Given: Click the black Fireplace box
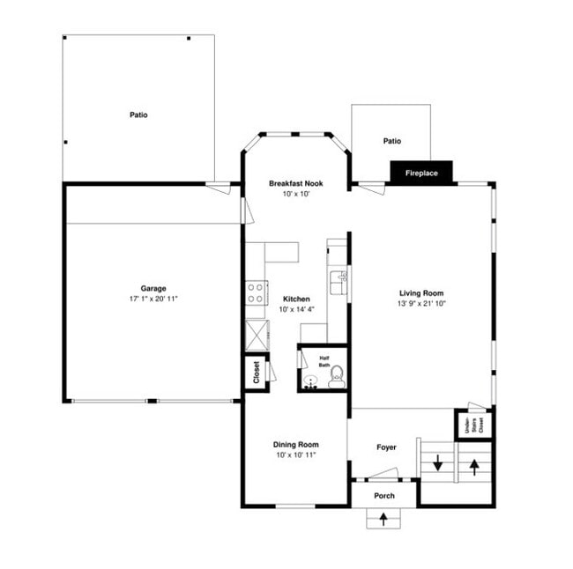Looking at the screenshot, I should [421, 174].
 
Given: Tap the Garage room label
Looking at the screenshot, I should [153, 289].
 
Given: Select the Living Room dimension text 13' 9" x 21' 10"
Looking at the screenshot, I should [420, 304].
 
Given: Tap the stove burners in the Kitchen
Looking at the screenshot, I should [257, 293].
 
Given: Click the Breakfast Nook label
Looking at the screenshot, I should [295, 183].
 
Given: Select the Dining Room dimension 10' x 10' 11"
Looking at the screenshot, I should [295, 454].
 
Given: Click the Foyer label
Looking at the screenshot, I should [386, 447].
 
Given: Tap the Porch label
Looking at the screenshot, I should [384, 496].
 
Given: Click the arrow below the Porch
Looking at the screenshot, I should [383, 520].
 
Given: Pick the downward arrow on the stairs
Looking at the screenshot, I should [437, 462].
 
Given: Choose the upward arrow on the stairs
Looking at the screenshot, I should [474, 465].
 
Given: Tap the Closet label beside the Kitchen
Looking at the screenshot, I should [257, 371].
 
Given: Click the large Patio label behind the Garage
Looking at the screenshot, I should [138, 115].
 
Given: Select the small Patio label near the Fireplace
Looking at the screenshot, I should [392, 141].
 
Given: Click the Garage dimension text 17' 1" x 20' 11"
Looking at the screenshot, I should [153, 299].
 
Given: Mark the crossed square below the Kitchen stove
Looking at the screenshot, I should [257, 336].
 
